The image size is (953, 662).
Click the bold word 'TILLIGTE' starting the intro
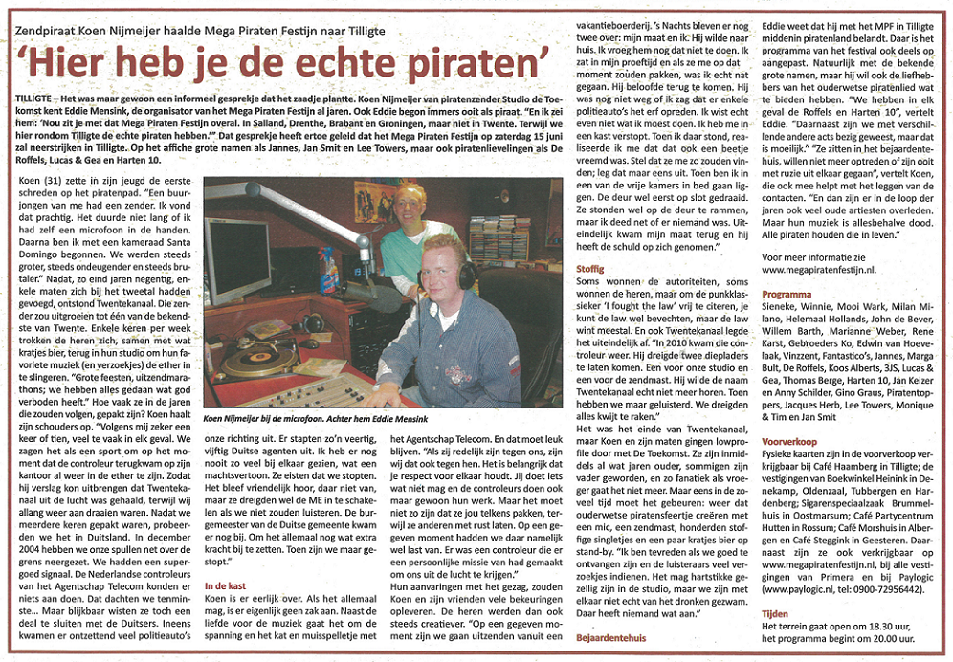click(x=35, y=99)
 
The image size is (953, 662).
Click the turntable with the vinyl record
click(x=258, y=359)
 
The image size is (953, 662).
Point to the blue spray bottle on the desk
click(x=327, y=271)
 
